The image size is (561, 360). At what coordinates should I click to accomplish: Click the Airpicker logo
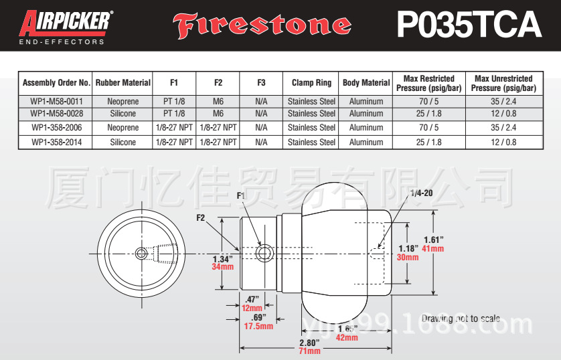point(65,26)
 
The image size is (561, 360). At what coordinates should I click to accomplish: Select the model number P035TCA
point(469,25)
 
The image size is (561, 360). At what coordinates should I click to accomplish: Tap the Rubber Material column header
point(123,83)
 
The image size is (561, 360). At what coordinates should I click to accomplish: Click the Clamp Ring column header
point(311,83)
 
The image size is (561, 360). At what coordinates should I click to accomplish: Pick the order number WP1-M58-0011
point(56,102)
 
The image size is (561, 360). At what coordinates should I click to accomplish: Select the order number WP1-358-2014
point(56,142)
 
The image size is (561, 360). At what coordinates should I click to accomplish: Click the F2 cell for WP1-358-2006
point(218,127)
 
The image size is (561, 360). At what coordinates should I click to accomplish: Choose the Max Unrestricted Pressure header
point(503,83)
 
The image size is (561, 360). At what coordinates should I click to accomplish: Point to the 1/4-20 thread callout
point(420,192)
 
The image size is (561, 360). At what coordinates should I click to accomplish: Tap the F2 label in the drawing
point(201,217)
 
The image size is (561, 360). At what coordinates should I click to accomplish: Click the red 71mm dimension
point(309,351)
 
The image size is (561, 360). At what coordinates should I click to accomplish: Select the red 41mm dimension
point(433,249)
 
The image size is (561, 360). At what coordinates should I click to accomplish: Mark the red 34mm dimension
point(222,267)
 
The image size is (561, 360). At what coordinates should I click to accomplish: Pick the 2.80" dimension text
point(310,342)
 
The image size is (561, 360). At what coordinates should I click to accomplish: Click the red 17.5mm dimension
point(258,326)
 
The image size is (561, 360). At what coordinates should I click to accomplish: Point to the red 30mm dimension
point(408,257)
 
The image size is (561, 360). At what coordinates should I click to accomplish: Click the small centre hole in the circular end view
point(141,253)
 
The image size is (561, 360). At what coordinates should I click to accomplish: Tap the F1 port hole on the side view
point(264,252)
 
